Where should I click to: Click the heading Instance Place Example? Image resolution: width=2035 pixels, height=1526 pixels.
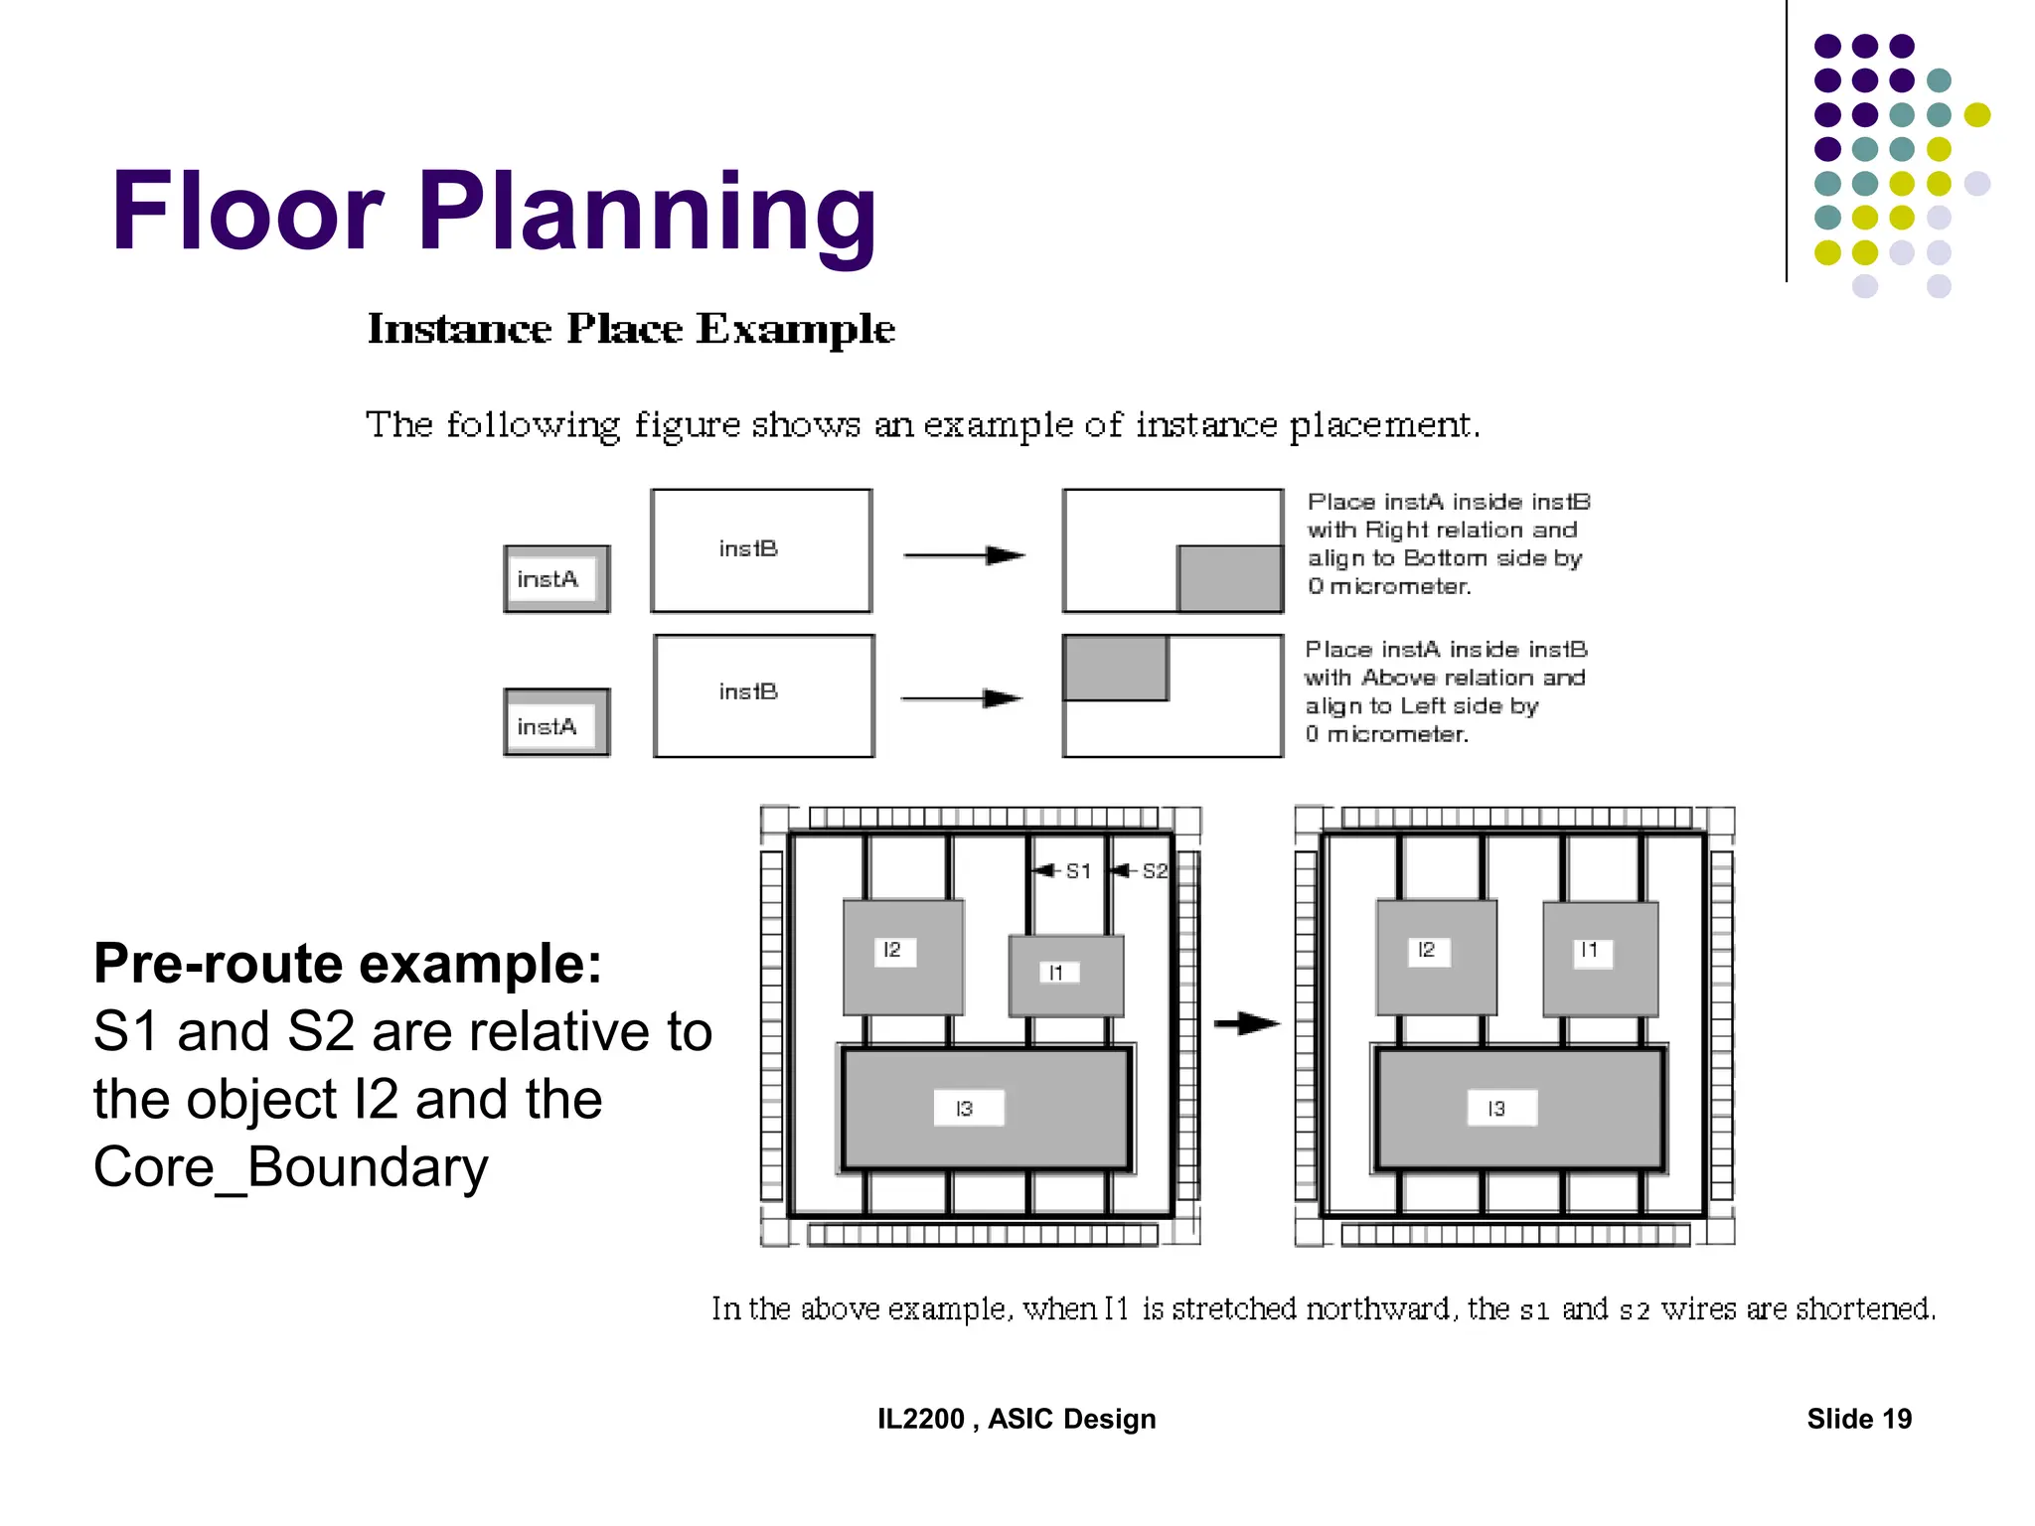(x=631, y=329)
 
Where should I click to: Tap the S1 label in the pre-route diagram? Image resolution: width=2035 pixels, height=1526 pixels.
(x=1078, y=871)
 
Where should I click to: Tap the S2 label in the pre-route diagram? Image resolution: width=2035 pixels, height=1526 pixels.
(x=1154, y=871)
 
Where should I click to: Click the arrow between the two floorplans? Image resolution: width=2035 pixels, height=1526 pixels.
(x=1246, y=1022)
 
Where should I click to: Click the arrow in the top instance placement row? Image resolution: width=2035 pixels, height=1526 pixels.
(x=964, y=555)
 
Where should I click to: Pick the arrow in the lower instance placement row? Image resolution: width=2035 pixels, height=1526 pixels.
(x=962, y=698)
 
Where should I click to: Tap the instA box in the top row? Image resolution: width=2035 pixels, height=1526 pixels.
(x=555, y=579)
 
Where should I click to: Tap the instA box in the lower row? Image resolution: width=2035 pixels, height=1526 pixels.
(x=555, y=723)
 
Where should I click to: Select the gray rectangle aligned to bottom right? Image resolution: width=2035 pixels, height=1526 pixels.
(x=1230, y=578)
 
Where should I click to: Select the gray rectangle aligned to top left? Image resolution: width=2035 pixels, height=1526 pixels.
(x=1115, y=668)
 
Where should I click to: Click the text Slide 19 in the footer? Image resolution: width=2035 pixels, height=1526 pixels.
(x=1858, y=1419)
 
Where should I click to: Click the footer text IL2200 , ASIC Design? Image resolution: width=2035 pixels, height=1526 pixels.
(x=1016, y=1419)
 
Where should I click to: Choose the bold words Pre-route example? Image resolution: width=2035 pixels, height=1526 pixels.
(x=348, y=963)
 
